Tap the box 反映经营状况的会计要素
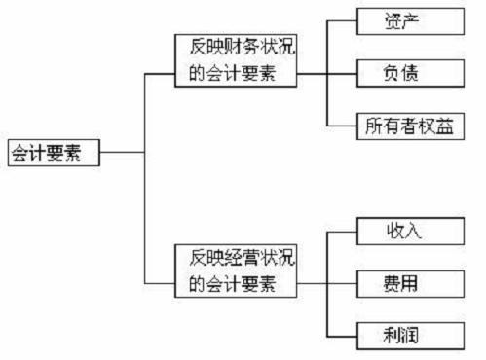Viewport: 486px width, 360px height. click(x=235, y=270)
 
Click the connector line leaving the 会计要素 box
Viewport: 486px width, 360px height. click(x=122, y=153)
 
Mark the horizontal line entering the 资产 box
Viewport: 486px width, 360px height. click(x=344, y=19)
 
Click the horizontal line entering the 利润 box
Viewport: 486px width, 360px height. click(x=344, y=336)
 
